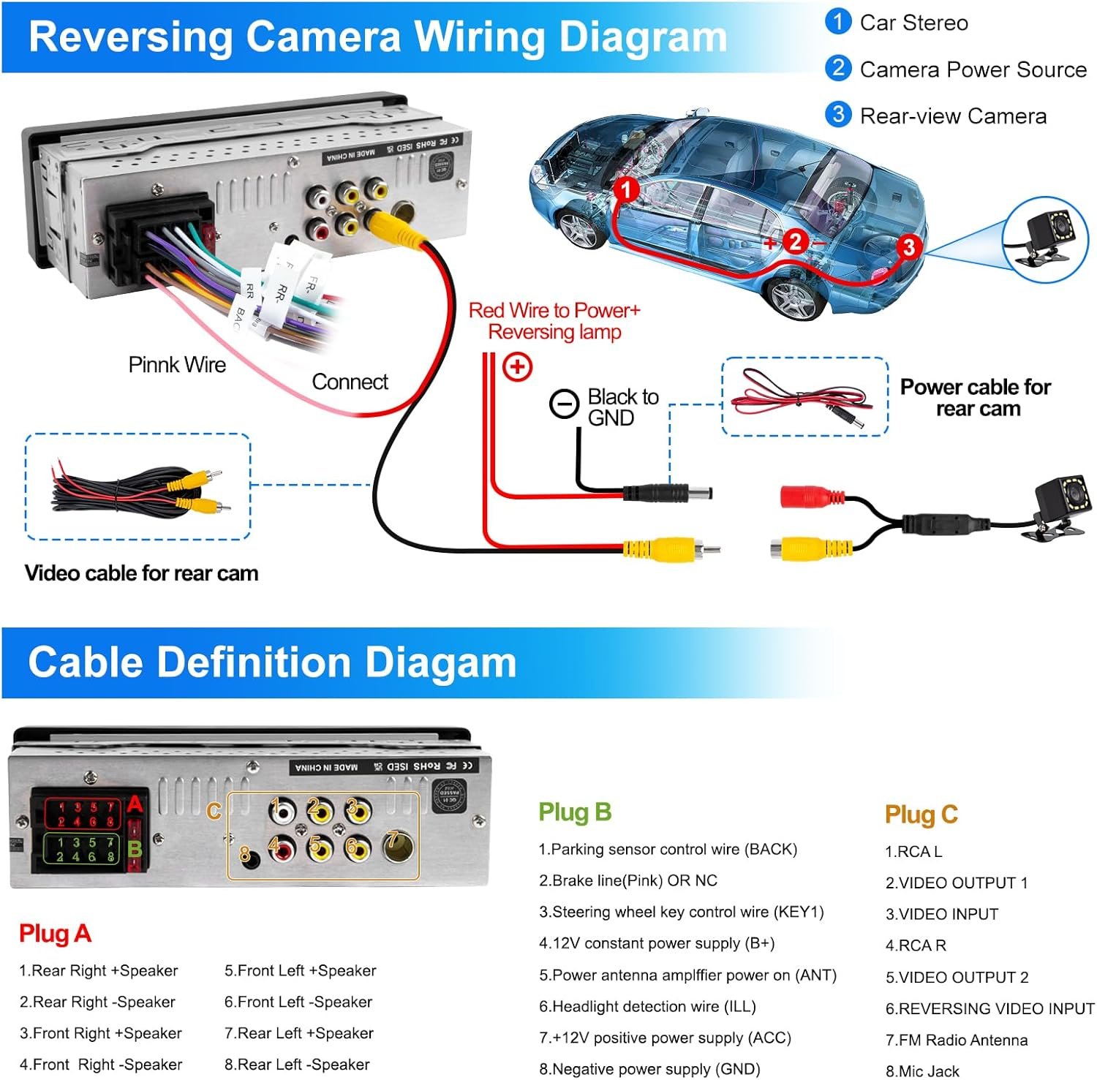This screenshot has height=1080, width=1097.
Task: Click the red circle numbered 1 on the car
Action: click(x=625, y=190)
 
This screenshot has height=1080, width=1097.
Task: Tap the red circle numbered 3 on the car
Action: click(x=908, y=246)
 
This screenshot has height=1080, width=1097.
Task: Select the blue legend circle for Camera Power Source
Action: click(x=838, y=69)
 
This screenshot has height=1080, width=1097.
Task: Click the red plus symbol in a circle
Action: click(x=518, y=366)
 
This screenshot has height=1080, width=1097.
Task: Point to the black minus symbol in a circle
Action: click(x=564, y=404)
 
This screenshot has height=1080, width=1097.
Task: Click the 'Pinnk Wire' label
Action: click(x=177, y=365)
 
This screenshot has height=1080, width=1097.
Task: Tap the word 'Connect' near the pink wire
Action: click(x=350, y=382)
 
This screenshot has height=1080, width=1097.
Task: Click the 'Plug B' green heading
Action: click(x=575, y=812)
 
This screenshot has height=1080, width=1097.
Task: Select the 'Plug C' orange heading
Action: click(x=921, y=815)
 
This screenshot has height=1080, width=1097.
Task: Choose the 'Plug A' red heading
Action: click(x=55, y=934)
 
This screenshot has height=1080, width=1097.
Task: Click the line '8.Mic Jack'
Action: click(x=921, y=1071)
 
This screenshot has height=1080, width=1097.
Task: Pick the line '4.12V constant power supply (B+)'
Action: click(x=656, y=943)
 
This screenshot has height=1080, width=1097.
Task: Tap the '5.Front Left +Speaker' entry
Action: click(x=300, y=970)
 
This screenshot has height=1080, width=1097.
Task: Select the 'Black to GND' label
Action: click(x=622, y=407)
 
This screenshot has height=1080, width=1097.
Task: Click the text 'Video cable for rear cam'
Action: click(x=141, y=573)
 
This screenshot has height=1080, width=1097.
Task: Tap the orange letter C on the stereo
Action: click(x=214, y=811)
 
